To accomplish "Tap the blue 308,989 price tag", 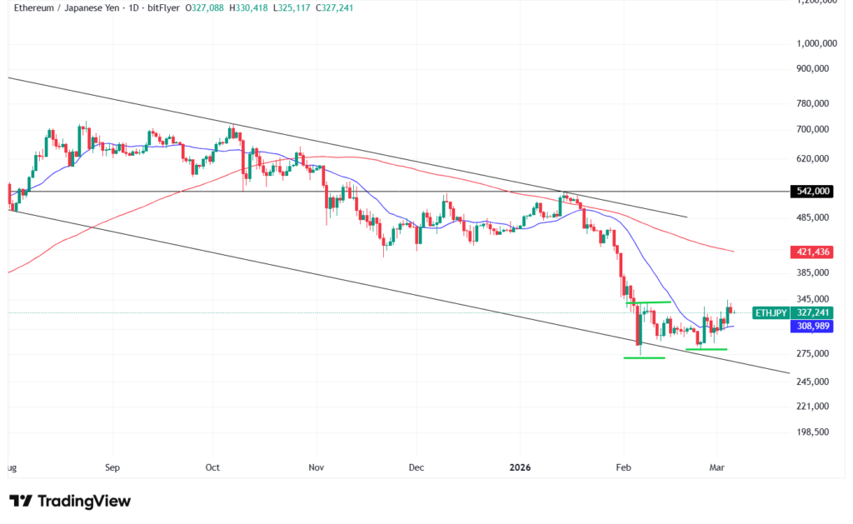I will click(x=809, y=327).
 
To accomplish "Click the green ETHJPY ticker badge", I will click(x=769, y=312).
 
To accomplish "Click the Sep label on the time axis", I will click(x=112, y=467).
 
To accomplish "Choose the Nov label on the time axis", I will click(x=316, y=467).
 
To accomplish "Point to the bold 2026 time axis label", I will click(x=521, y=467).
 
